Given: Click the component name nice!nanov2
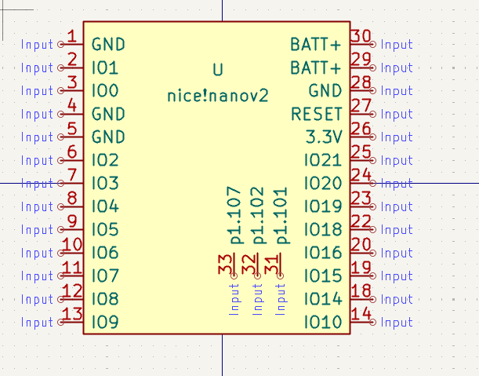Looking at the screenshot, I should coord(217,96).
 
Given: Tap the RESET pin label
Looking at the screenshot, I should coord(316,115).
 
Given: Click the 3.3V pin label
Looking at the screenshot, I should coord(324,137).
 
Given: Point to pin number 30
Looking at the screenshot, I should coord(361,36).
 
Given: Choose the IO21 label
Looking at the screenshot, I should coord(323,161).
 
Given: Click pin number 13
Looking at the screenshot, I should coord(71,314).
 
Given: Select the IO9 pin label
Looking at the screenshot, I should coord(105,323).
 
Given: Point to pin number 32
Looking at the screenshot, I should coord(250,264).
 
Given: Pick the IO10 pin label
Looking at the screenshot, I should coord(323,323).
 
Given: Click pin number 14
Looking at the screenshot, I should coord(361,314).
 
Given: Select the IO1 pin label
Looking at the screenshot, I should coord(105,68).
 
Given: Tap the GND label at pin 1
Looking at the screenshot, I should coord(108,45).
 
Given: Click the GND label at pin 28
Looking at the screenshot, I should coord(325,91).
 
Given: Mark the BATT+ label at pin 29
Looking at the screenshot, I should coord(316,68).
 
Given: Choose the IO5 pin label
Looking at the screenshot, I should coord(105,230).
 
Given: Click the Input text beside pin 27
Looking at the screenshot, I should coord(397,115).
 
